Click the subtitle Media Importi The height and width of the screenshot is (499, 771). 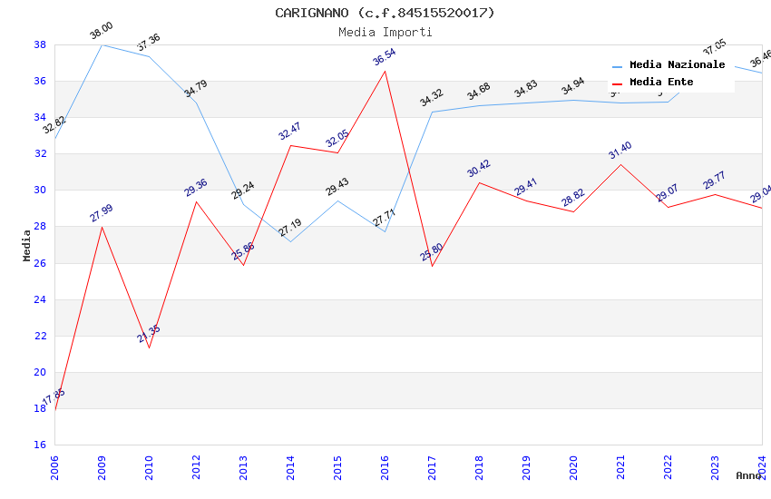point(385,32)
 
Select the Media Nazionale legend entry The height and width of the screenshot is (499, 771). point(677,65)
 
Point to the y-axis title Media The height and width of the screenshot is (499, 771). point(27,245)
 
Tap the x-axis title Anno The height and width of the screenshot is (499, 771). point(748,475)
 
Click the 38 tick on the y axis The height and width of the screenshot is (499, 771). point(40,44)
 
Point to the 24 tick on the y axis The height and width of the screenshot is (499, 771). point(40,299)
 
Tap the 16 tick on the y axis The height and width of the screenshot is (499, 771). point(40,445)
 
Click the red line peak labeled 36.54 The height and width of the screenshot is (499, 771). point(385,71)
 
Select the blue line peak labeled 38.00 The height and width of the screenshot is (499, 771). point(102,44)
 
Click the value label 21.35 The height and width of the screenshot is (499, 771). point(149,333)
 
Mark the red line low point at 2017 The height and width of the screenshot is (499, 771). point(432,266)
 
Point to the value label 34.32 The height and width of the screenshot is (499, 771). point(432,98)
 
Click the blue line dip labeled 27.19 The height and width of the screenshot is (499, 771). point(290,241)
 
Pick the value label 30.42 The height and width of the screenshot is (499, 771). point(479,170)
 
